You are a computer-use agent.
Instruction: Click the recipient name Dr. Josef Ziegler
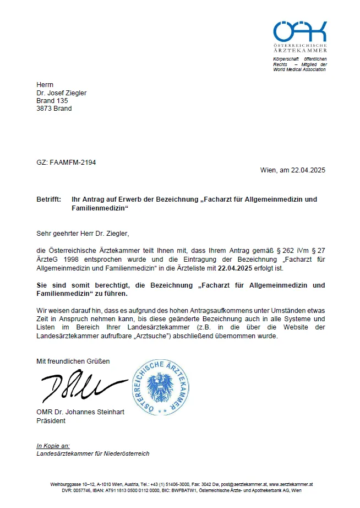click(x=61, y=93)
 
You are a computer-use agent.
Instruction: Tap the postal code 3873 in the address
click(x=44, y=109)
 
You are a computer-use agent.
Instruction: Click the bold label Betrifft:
click(x=48, y=199)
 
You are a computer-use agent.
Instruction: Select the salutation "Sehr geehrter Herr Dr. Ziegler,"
click(x=82, y=234)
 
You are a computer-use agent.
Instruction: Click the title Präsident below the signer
click(x=51, y=421)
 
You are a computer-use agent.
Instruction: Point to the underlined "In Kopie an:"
click(x=53, y=446)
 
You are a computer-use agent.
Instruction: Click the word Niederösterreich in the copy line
click(x=124, y=453)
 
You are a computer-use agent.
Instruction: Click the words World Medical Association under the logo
click(x=299, y=69)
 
